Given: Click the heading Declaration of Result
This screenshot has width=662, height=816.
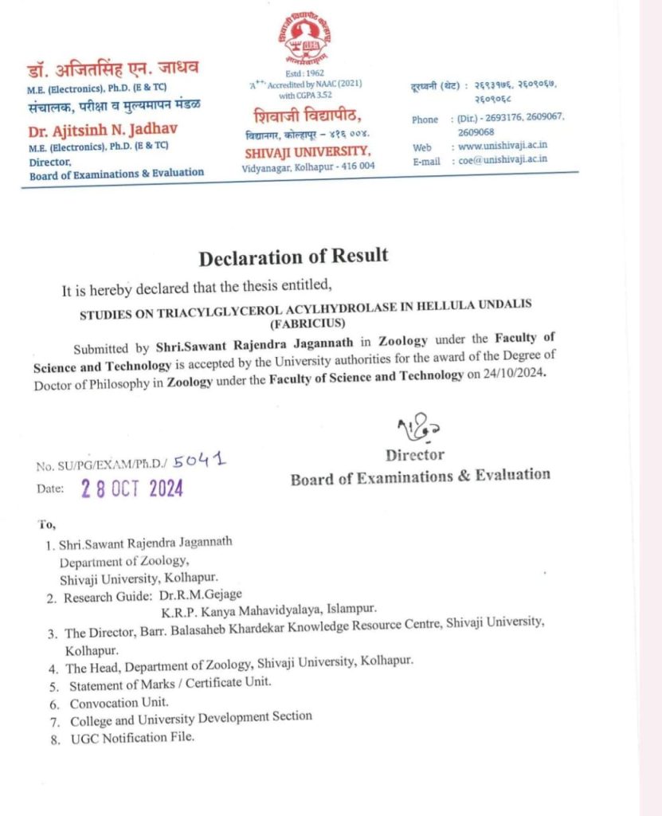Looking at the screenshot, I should (x=293, y=257).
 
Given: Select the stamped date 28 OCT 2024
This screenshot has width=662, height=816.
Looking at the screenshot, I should (x=132, y=488).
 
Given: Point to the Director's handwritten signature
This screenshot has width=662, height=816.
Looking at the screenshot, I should (x=415, y=430).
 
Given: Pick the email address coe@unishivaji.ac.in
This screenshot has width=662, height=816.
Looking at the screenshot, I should (x=502, y=160).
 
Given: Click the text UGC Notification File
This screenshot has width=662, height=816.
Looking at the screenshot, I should (x=132, y=737).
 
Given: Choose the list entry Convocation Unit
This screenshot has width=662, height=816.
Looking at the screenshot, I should (x=119, y=704).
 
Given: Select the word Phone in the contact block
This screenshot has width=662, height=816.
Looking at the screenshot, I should (x=425, y=120).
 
